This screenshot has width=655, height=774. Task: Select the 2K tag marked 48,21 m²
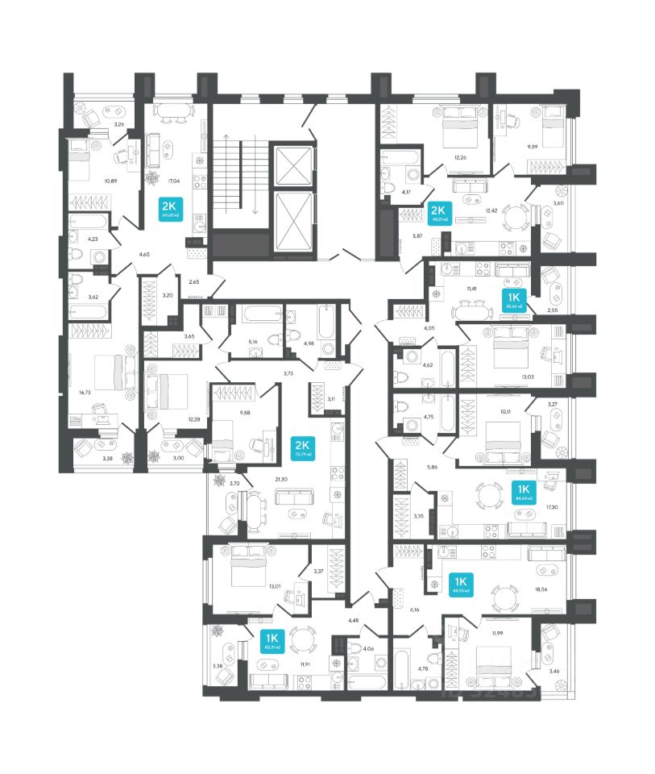pyautogui.click(x=439, y=213)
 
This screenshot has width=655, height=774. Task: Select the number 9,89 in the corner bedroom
pyautogui.click(x=532, y=146)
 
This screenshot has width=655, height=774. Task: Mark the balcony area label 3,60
pyautogui.click(x=558, y=204)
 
